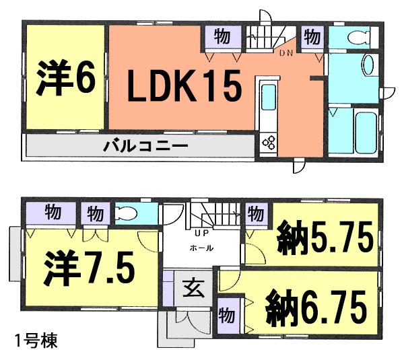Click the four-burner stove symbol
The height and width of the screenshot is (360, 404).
tap(269, 143)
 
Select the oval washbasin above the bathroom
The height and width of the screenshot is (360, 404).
tap(368, 67)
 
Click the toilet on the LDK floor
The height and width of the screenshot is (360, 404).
tap(352, 36)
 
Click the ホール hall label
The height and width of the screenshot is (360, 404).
tap(201, 248)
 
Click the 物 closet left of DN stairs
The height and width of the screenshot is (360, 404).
tap(220, 36)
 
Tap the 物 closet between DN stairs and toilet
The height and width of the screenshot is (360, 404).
tap(310, 36)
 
